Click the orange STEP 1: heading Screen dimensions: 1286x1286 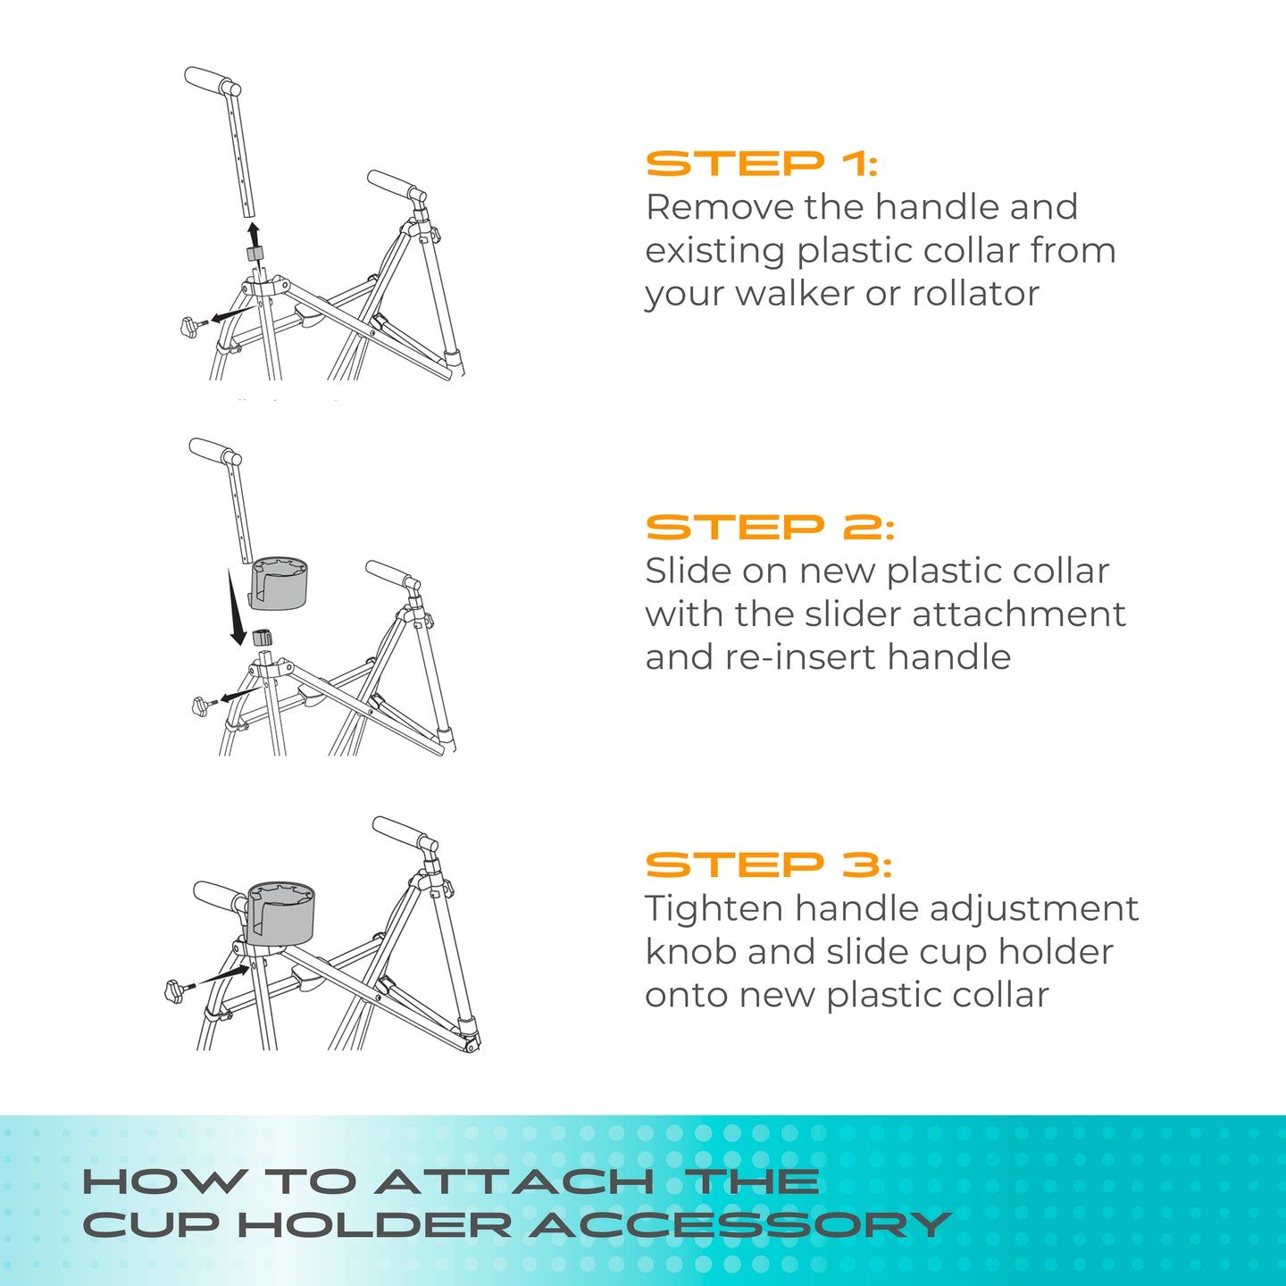(762, 164)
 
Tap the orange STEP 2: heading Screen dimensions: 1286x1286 (769, 528)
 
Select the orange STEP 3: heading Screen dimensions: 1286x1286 (768, 865)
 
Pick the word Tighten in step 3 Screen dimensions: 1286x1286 (714, 909)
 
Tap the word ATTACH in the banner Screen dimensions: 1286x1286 (514, 1182)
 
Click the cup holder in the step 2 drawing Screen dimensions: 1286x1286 (278, 582)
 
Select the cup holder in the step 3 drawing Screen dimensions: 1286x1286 (280, 913)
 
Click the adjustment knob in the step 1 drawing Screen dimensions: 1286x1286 (190, 327)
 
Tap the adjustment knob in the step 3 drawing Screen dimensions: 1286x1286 (175, 990)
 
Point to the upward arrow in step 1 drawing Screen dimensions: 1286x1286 (254, 235)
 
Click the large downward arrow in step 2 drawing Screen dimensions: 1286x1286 (236, 609)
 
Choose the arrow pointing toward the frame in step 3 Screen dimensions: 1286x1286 (224, 973)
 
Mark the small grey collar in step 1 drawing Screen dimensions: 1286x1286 (255, 255)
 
